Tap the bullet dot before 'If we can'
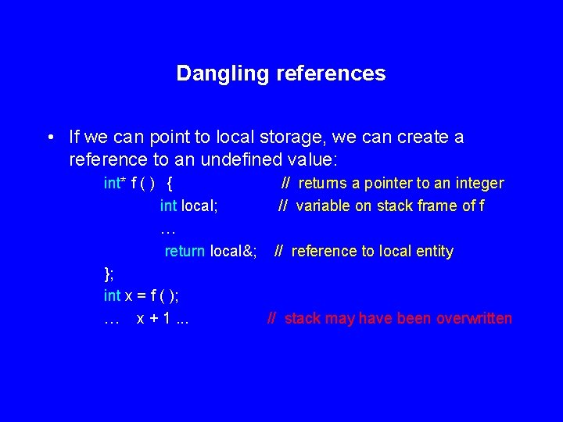tap(50, 138)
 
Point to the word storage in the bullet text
tap(295, 138)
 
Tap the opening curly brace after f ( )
tap(171, 184)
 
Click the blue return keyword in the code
tap(185, 252)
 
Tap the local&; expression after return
tap(234, 252)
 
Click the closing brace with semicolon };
tap(109, 274)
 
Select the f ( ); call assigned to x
tap(163, 296)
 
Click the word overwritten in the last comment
tap(474, 319)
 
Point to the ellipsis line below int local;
tap(167, 230)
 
